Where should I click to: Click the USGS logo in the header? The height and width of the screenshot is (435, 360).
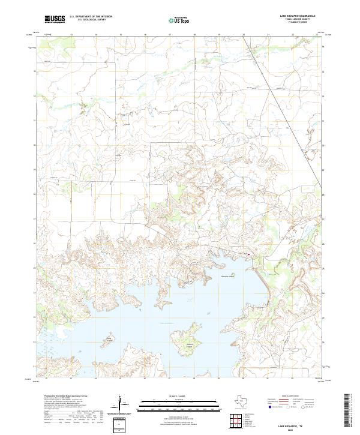pos(55,19)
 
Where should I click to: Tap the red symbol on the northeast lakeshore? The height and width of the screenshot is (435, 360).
pos(248,255)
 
